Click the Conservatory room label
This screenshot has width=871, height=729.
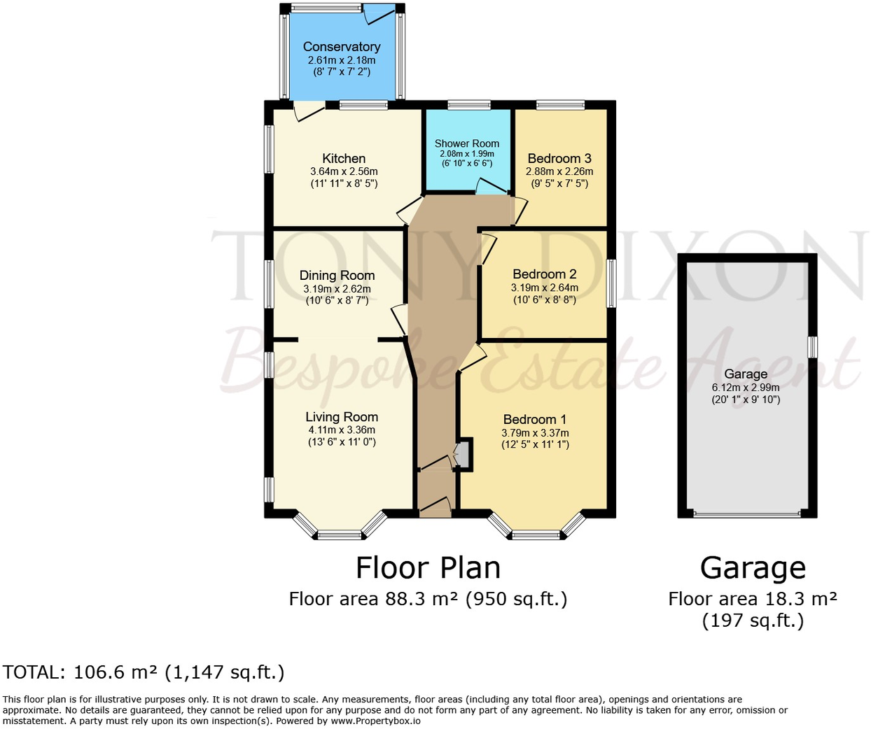coord(342,47)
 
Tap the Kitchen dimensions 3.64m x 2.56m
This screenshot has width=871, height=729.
coord(344,171)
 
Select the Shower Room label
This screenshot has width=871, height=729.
coord(467,143)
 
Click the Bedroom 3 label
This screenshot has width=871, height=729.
coord(559,159)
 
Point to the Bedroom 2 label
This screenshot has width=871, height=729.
coord(545,274)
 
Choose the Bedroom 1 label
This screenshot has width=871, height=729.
coord(535,419)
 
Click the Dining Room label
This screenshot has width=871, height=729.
coord(337,276)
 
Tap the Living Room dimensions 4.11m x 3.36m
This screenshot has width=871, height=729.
coord(342,430)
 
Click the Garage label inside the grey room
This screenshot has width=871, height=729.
coord(746,374)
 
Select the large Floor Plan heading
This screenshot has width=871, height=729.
coord(428,567)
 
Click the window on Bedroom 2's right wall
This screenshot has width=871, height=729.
coord(611,283)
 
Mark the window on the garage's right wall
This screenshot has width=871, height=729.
coord(813,347)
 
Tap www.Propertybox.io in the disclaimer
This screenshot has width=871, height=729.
coord(376,721)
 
